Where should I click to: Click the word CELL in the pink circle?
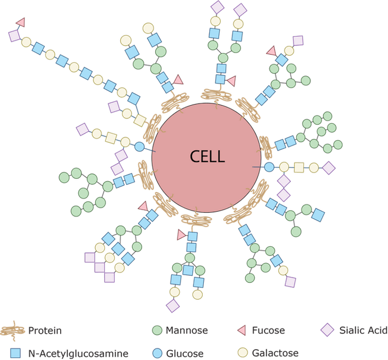pos(207,156)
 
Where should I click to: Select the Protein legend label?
pos(45,330)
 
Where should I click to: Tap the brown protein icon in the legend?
pos(13,330)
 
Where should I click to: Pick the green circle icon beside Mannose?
pos(157,330)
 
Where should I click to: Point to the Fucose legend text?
pos(268,330)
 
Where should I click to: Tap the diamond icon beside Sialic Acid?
pos(327,330)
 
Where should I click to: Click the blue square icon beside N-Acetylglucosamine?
pos(15,353)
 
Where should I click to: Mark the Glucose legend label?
pos(186,353)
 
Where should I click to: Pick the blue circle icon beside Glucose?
pos(157,353)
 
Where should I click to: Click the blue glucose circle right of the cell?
pos(269,167)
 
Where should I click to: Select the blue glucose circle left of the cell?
pos(139,147)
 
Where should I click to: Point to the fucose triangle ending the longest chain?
pos(21,22)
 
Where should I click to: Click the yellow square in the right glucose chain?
pos(299,167)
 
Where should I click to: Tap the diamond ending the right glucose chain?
pos(328,167)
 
